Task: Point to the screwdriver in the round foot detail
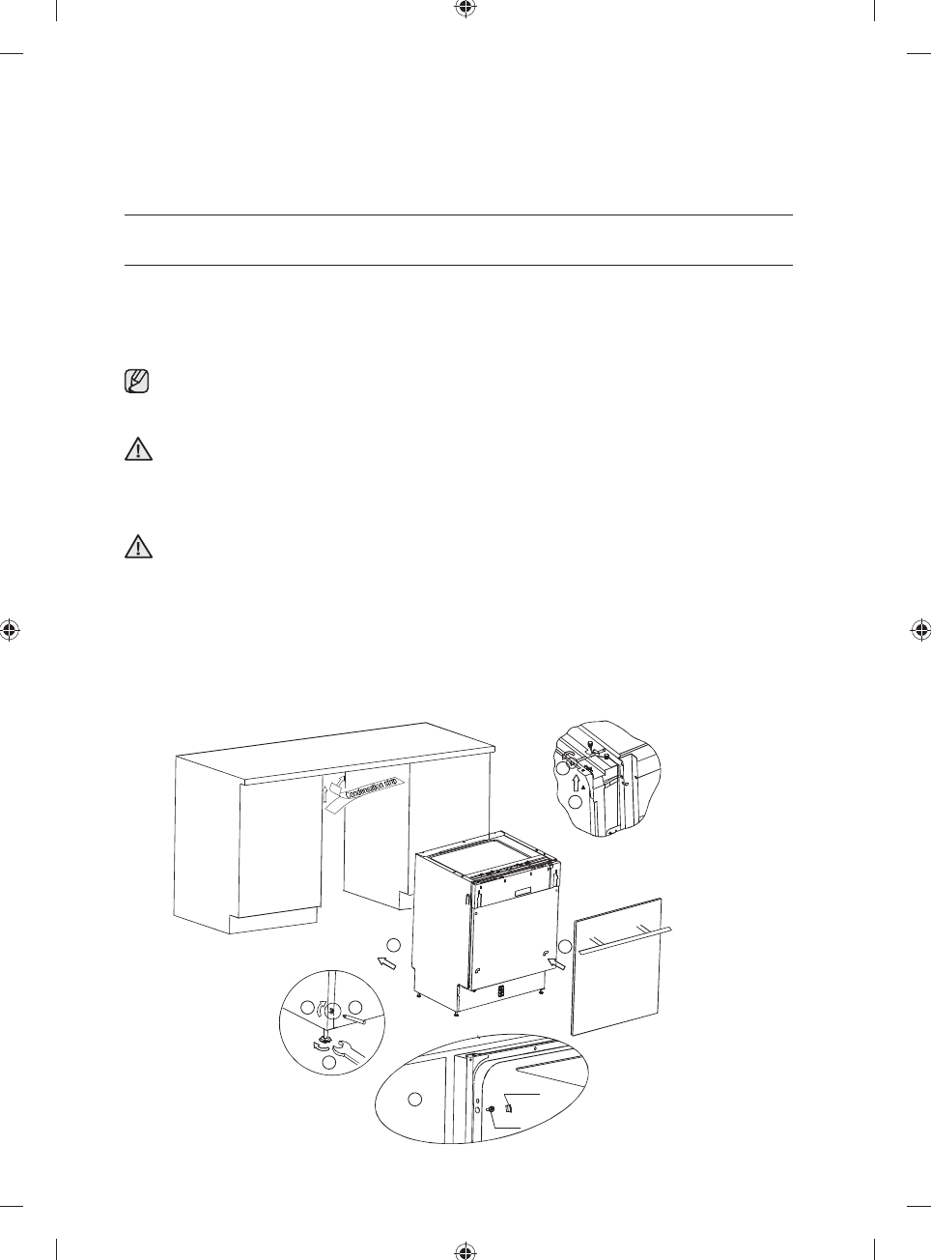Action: [x=351, y=1017]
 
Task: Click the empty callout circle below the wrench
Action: [x=328, y=1063]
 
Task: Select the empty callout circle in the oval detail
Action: [x=414, y=1098]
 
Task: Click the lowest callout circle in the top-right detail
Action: [x=575, y=803]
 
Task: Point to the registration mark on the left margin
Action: [x=9, y=630]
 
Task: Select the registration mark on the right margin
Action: [x=921, y=630]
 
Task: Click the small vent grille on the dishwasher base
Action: [x=501, y=990]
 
